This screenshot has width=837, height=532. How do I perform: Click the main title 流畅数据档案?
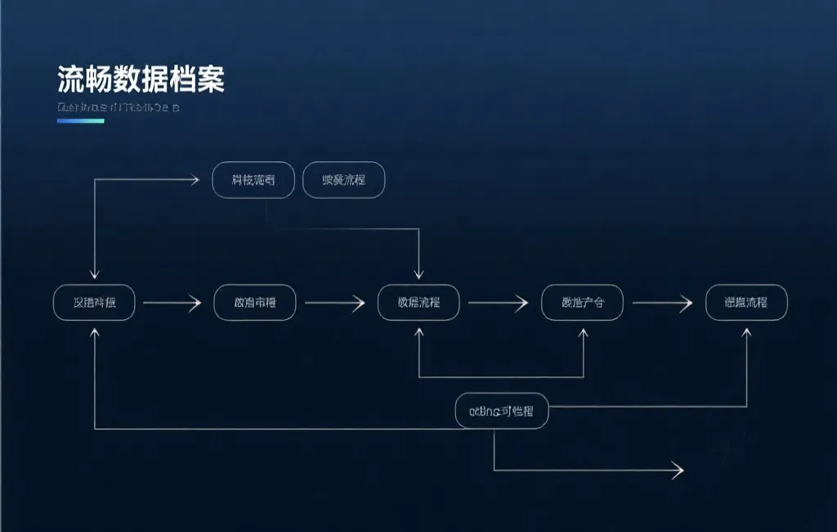pyautogui.click(x=141, y=80)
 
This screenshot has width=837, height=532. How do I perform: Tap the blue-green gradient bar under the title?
pyautogui.click(x=80, y=121)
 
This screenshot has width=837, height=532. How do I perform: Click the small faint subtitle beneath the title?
pyautogui.click(x=118, y=107)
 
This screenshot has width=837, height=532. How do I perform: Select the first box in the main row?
pyautogui.click(x=94, y=303)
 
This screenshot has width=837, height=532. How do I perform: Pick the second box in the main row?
pyautogui.click(x=254, y=303)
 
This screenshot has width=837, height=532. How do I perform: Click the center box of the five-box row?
pyautogui.click(x=418, y=303)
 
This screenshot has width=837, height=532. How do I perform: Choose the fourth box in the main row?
pyautogui.click(x=582, y=303)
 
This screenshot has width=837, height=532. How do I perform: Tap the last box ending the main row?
pyautogui.click(x=746, y=303)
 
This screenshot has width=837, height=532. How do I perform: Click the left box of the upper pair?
pyautogui.click(x=253, y=180)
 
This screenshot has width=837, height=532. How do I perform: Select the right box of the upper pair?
pyautogui.click(x=343, y=180)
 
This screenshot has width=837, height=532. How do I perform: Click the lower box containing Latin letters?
pyautogui.click(x=501, y=411)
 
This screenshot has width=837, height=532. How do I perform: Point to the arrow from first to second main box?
pyautogui.click(x=172, y=304)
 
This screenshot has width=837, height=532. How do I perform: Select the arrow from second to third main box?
pyautogui.click(x=335, y=304)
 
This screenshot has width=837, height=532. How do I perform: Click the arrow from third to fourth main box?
pyautogui.click(x=499, y=304)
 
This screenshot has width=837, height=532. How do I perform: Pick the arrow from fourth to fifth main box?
pyautogui.click(x=662, y=304)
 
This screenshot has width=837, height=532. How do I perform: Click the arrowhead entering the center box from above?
pyautogui.click(x=419, y=274)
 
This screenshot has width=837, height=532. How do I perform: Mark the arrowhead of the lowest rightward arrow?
pyautogui.click(x=678, y=470)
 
